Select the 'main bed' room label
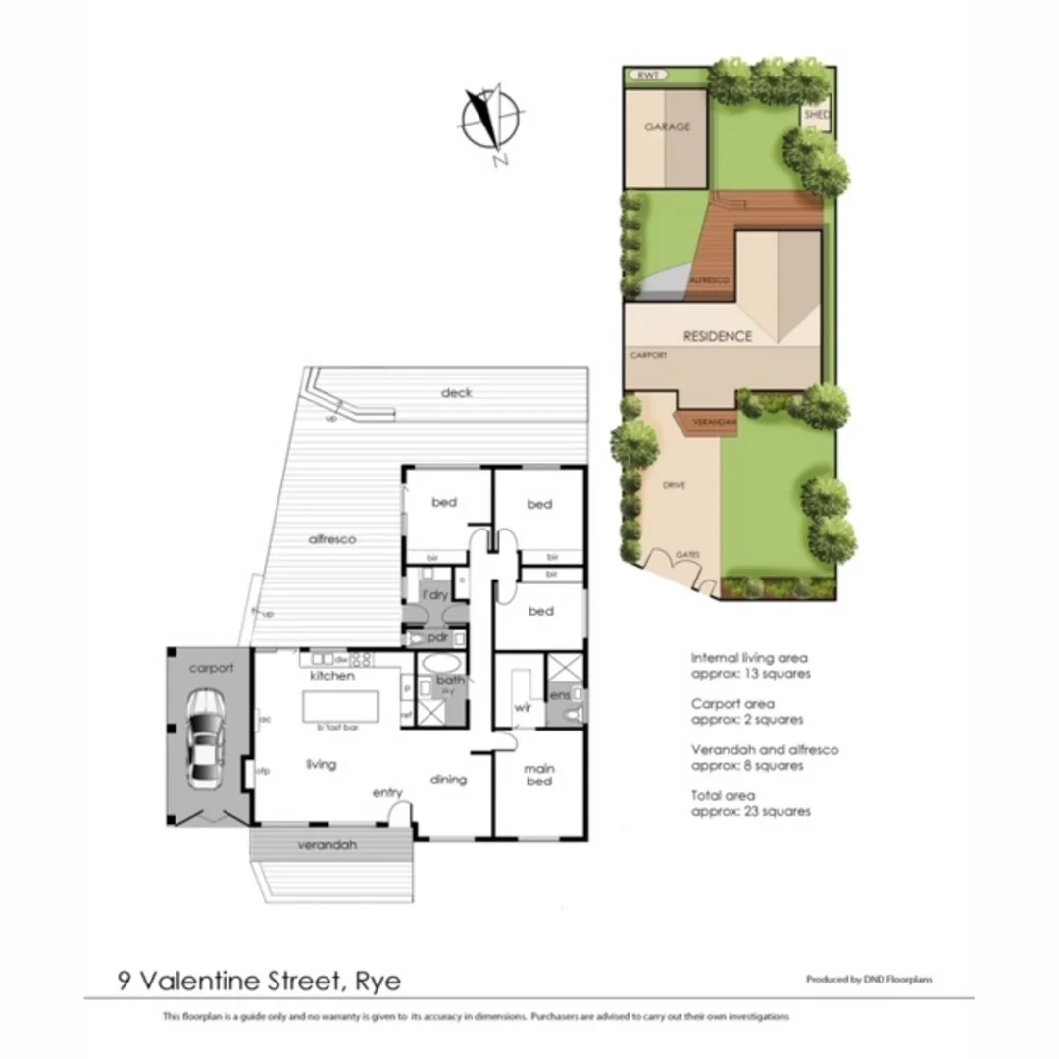pyautogui.click(x=538, y=775)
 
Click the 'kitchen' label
pyautogui.click(x=331, y=677)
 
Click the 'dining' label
pyautogui.click(x=448, y=780)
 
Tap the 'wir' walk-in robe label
pyautogui.click(x=523, y=707)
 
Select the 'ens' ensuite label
pyautogui.click(x=560, y=695)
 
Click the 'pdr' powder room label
pyautogui.click(x=437, y=637)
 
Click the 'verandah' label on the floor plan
pyautogui.click(x=328, y=845)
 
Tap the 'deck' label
pyautogui.click(x=456, y=392)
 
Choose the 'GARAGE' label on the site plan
pyautogui.click(x=667, y=126)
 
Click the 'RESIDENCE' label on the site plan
pyautogui.click(x=718, y=336)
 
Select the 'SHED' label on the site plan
pyautogui.click(x=816, y=115)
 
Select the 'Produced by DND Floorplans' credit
pyautogui.click(x=869, y=980)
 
